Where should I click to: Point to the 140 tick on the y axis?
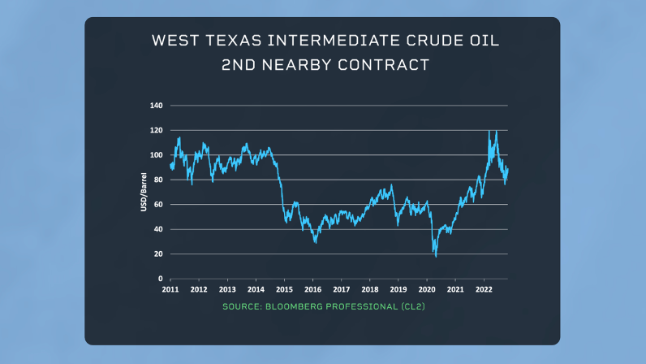(157, 106)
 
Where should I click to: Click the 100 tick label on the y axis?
(157, 155)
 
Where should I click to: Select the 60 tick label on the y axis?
(158, 205)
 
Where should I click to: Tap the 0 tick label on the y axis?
(161, 279)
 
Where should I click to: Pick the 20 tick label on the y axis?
(158, 254)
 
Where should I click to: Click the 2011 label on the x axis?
(170, 289)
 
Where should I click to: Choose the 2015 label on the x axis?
(284, 289)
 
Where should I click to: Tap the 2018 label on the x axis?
(369, 289)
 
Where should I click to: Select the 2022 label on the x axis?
(484, 289)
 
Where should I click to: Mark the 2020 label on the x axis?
(427, 289)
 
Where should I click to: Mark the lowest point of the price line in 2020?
(436, 257)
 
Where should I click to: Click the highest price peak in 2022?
(489, 130)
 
